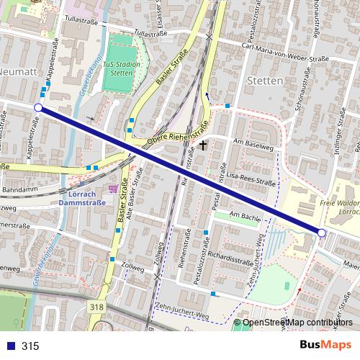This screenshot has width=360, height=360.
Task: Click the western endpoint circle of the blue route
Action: pyautogui.click(x=38, y=108)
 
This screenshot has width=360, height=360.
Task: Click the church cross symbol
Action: pyautogui.click(x=203, y=145)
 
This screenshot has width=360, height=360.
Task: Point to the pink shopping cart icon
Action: pyautogui.click(x=112, y=189)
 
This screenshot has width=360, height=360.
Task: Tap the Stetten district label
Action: pyautogui.click(x=264, y=81)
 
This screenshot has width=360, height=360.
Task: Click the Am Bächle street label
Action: pyautogui.click(x=243, y=215)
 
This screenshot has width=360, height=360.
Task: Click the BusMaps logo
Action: pyautogui.click(x=322, y=345)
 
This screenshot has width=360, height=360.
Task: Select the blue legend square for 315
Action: pyautogui.click(x=9, y=346)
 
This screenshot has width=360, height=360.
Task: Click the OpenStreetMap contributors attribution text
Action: pyautogui.click(x=297, y=323)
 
